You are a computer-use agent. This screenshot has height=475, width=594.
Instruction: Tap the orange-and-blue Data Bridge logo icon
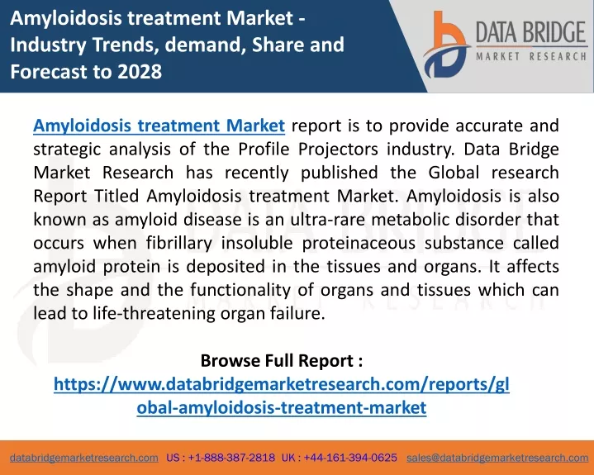(x=446, y=45)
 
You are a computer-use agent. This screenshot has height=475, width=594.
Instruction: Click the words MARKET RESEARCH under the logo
(x=531, y=56)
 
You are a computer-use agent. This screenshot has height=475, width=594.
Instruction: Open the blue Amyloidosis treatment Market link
(x=159, y=126)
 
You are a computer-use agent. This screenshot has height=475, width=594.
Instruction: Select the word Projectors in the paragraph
(x=338, y=150)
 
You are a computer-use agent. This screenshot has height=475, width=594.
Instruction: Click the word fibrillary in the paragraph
(x=179, y=243)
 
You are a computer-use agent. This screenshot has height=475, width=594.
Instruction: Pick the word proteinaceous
(x=359, y=243)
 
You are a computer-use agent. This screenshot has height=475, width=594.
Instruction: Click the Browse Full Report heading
(x=282, y=360)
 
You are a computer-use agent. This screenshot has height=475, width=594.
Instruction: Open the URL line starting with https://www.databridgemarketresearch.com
(x=282, y=384)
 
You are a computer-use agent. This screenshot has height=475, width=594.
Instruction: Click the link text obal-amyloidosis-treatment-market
(x=282, y=407)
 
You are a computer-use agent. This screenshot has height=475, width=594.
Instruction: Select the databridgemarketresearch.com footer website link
(x=84, y=458)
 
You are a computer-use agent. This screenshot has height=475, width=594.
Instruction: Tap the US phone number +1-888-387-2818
(x=231, y=458)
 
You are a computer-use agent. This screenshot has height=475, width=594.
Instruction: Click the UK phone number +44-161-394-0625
(x=350, y=458)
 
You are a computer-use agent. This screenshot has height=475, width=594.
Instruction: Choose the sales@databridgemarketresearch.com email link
(x=497, y=458)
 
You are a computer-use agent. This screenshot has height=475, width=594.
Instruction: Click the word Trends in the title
(x=126, y=45)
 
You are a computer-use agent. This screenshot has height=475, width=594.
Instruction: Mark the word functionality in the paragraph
(x=240, y=290)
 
